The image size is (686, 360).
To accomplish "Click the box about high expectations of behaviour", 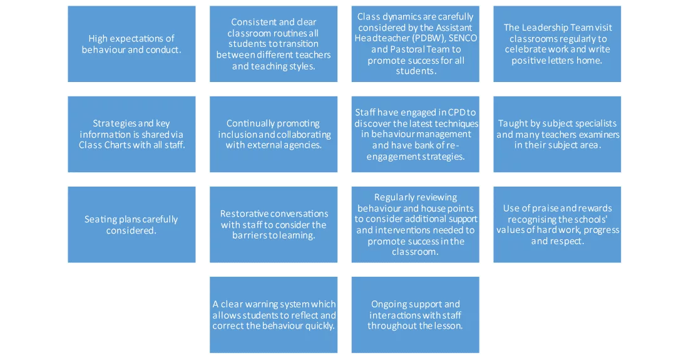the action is coord(131,44).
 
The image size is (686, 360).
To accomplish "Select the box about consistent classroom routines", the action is coord(274,44).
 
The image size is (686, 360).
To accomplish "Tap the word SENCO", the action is coord(463,38).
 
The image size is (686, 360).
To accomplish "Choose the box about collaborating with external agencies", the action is coord(274,134).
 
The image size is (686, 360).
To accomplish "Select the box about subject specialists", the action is coord(557,134).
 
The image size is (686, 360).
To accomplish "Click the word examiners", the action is coord(600,134).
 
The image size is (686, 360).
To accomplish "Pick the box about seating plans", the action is coord(131,225).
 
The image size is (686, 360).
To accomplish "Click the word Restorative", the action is coord(243,213).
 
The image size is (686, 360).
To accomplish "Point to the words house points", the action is coord(452,208).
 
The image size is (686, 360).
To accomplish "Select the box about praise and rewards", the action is coord(557,225).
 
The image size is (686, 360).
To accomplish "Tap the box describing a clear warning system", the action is coord(274,315).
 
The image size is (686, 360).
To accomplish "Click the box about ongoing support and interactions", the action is coord(415,315).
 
